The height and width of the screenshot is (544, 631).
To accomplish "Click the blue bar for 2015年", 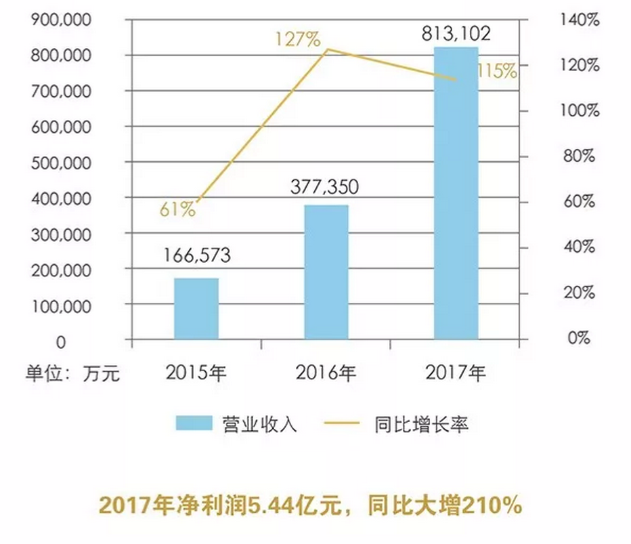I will point(196,308).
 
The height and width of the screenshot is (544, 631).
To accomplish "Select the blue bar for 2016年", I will point(326,272).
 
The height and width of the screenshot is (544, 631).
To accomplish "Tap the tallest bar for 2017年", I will point(456,193).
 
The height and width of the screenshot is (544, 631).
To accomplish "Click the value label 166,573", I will point(197,256).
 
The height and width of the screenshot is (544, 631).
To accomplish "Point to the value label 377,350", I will point(326,186).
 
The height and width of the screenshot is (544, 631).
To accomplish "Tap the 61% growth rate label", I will point(177,209).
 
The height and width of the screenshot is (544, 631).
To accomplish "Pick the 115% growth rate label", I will point(497,70).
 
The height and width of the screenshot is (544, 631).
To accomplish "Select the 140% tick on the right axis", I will point(580,20).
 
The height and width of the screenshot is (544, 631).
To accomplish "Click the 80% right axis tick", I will point(578,156).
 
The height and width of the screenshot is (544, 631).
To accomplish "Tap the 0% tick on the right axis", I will point(579,337).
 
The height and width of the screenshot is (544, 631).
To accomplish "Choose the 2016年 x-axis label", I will point(326,372).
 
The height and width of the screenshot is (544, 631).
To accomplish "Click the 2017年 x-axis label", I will point(456,372).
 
